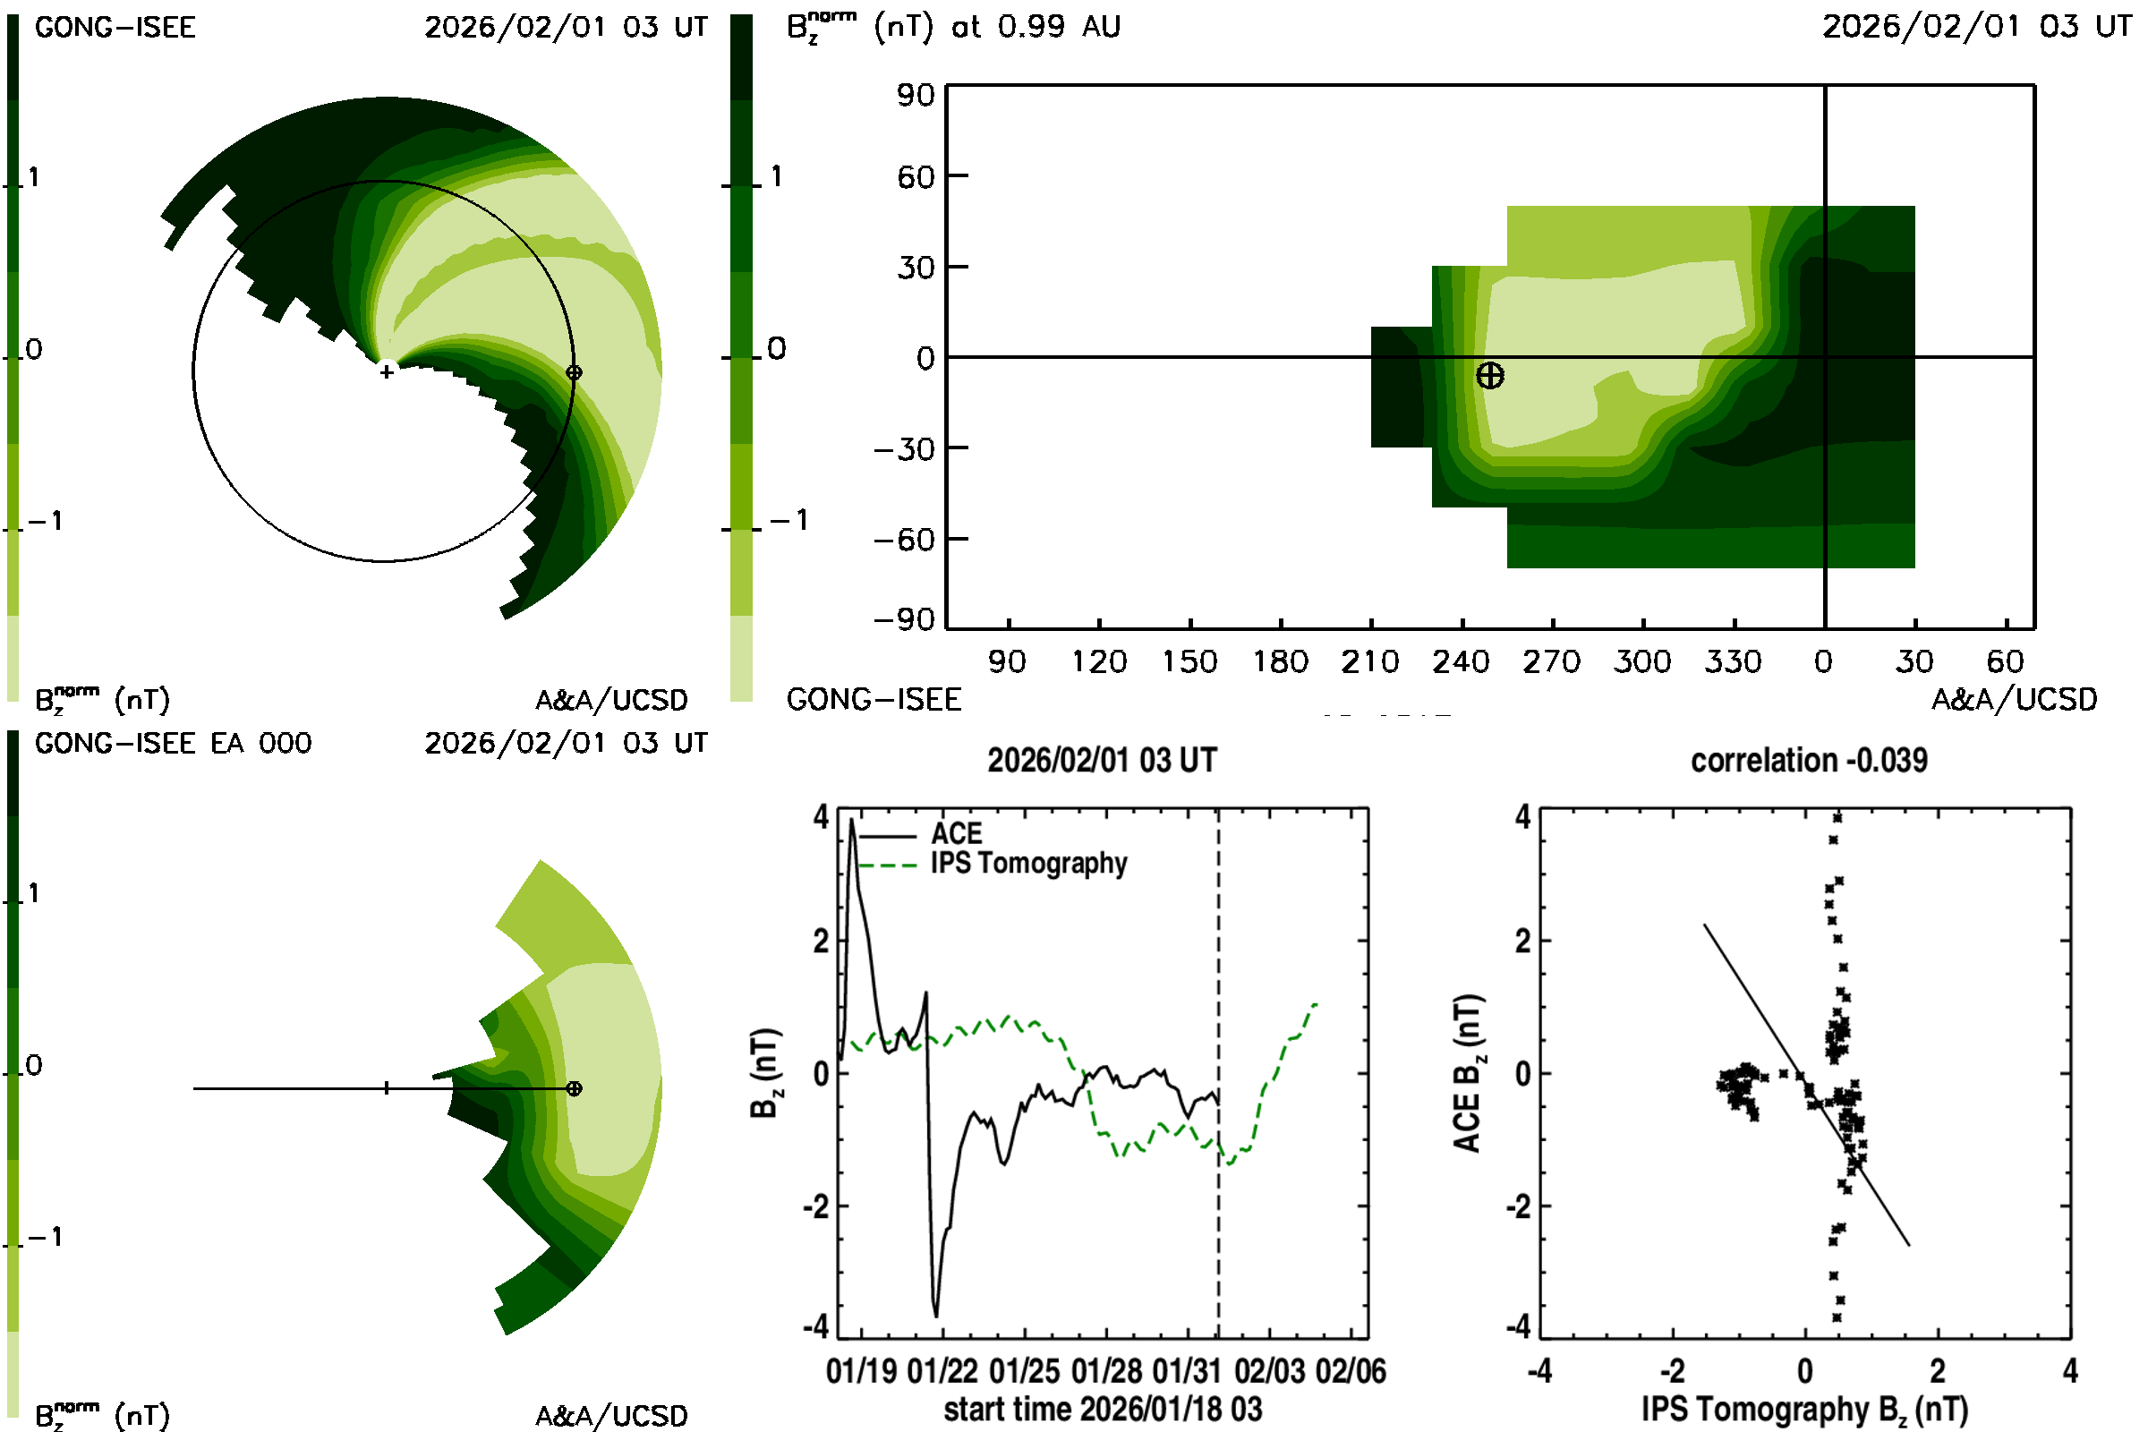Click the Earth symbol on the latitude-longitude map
coord(1489,375)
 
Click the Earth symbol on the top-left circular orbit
coord(574,372)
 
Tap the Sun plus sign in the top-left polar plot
coord(388,371)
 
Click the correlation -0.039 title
coord(1808,760)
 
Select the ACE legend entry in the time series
coord(956,834)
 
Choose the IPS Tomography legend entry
coord(1028,863)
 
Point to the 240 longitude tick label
coord(1461,661)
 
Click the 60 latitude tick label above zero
coord(915,177)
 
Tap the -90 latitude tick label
coord(904,620)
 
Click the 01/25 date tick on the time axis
coord(1024,1372)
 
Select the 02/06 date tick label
coord(1350,1372)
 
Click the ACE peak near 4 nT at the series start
coord(852,820)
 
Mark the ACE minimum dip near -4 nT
coord(936,1315)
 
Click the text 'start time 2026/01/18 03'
coord(1103,1409)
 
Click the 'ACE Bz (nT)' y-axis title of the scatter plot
coord(1467,1073)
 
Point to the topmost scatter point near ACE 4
coord(1837,818)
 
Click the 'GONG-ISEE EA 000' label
coord(173,744)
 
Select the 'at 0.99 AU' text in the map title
coord(1036,28)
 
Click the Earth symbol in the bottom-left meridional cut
coord(574,1088)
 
